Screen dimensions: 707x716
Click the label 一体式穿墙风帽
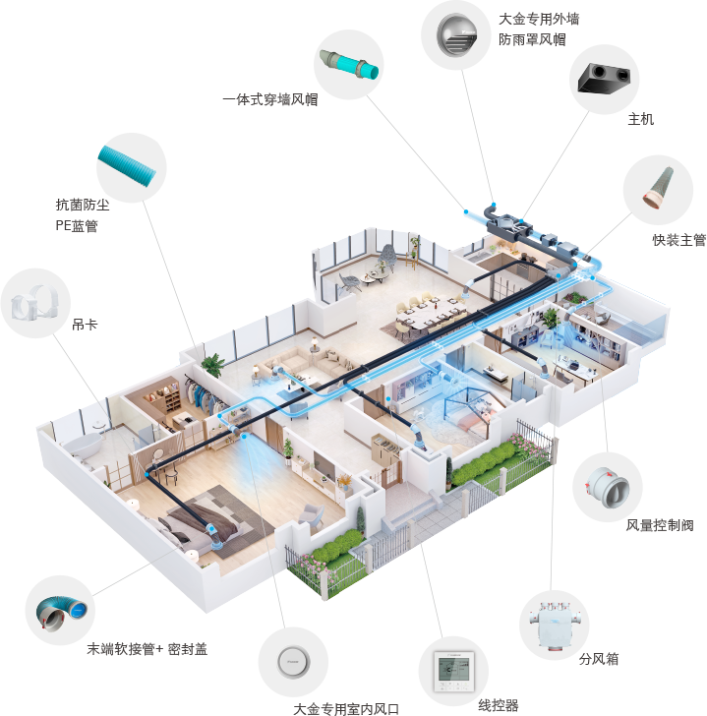[x=270, y=99]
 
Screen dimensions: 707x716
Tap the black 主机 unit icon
[x=604, y=79]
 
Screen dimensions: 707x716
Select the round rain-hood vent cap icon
[x=456, y=35]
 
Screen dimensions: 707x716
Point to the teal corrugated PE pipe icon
[x=128, y=166]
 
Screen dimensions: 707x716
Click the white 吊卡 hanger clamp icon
[x=33, y=303]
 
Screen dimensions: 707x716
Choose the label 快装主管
[x=679, y=240]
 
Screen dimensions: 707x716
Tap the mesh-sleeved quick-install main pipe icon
[x=658, y=187]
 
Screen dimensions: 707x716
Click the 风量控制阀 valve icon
[x=608, y=487]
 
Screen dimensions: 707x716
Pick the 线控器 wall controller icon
[x=453, y=671]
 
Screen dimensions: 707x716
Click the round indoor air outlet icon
[x=293, y=662]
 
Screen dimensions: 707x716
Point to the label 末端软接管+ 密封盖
[x=147, y=649]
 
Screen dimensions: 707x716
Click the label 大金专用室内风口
[x=346, y=709]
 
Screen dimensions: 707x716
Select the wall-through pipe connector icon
[x=349, y=64]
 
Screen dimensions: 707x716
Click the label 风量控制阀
[x=660, y=525]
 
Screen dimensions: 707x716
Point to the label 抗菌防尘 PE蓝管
[x=83, y=215]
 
